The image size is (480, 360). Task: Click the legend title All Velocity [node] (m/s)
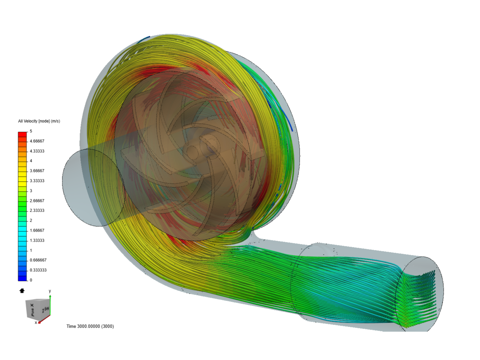pos(39,121)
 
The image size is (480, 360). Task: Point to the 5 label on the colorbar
pos(31,131)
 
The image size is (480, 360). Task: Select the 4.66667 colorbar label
pos(37,141)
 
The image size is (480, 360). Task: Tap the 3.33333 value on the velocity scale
pos(37,181)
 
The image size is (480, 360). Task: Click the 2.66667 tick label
pos(37,201)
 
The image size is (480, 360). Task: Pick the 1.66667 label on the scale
pos(37,230)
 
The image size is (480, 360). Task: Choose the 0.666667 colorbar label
pos(38,260)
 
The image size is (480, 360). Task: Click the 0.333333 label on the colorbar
pos(38,270)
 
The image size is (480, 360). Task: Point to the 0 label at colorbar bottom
pos(31,280)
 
